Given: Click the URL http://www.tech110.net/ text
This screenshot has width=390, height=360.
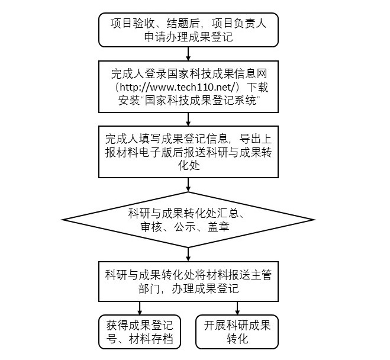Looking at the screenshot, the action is [x=178, y=87].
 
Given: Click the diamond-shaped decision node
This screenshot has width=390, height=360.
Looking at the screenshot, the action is [x=188, y=220].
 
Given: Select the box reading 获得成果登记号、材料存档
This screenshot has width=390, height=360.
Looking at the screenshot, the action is [x=140, y=332].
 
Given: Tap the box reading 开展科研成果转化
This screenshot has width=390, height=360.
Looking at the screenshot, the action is [x=237, y=332].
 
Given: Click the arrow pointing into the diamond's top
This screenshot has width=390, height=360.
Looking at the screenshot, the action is [x=188, y=185].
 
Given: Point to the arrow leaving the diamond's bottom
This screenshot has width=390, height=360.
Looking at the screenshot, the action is [x=188, y=254].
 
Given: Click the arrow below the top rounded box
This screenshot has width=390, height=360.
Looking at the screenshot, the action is [x=188, y=54].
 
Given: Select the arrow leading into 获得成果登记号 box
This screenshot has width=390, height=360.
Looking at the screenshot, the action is [x=140, y=308].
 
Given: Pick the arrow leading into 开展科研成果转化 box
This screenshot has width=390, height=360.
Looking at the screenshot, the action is [x=237, y=308].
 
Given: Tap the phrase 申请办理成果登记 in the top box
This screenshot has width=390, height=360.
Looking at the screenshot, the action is [x=188, y=37].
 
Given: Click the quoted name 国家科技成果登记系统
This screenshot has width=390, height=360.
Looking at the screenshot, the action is [x=201, y=101].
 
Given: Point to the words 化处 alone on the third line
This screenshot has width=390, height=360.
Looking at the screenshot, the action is [x=189, y=166].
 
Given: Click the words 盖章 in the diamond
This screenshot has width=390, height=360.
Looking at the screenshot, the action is [x=218, y=227].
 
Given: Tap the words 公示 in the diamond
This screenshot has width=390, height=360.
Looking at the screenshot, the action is [x=185, y=227].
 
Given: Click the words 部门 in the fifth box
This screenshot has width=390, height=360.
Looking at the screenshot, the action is [x=149, y=289].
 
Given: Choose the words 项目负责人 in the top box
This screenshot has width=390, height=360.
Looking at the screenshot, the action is [x=239, y=23].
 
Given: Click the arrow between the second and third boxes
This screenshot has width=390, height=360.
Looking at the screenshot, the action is [x=188, y=120].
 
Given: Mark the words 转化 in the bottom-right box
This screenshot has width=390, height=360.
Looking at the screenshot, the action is [x=237, y=339].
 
